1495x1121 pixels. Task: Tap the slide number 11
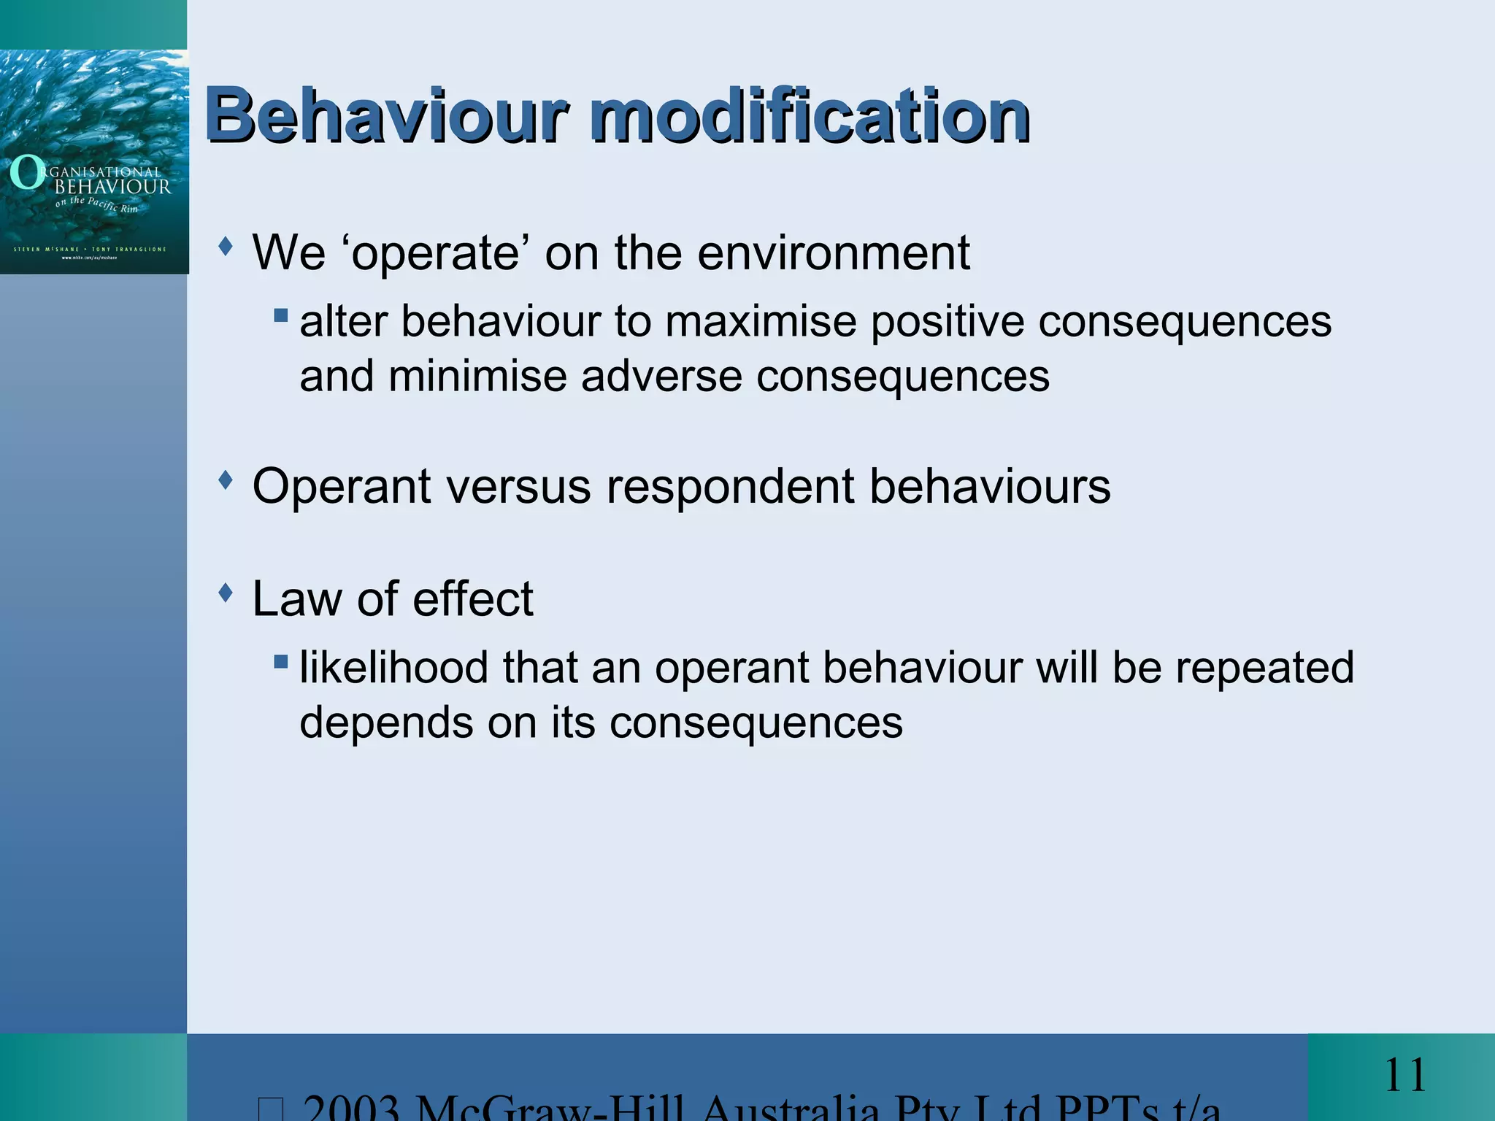pyautogui.click(x=1404, y=1076)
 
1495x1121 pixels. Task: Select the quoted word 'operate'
pyautogui.click(x=436, y=253)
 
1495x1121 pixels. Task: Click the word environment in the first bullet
pyautogui.click(x=834, y=253)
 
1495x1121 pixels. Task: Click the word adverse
pyautogui.click(x=661, y=377)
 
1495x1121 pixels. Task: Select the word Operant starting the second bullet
pyautogui.click(x=342, y=487)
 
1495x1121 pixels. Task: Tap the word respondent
pyautogui.click(x=731, y=487)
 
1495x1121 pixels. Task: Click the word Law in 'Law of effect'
pyautogui.click(x=295, y=599)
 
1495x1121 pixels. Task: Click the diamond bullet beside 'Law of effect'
pyautogui.click(x=226, y=592)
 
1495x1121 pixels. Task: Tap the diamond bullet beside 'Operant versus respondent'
pyautogui.click(x=226, y=479)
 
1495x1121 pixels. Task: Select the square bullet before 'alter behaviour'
pyautogui.click(x=281, y=316)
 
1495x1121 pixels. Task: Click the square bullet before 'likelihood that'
pyautogui.click(x=281, y=662)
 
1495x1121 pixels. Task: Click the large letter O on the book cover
pyautogui.click(x=27, y=173)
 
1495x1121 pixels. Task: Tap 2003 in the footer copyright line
pyautogui.click(x=352, y=1108)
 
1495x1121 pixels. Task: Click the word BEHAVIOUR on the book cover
pyautogui.click(x=113, y=187)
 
